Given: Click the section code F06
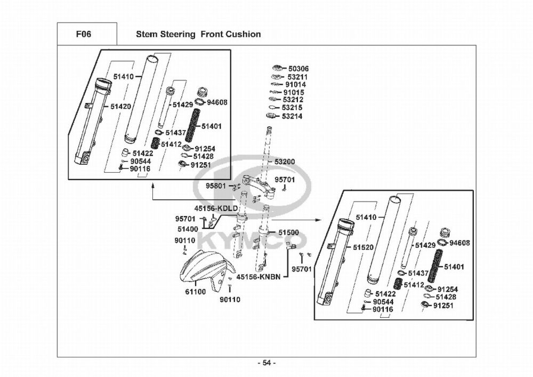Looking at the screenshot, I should (x=84, y=34).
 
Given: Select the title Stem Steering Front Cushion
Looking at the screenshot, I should (x=198, y=34).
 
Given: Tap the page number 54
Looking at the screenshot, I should (x=266, y=363).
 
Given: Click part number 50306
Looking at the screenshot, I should (x=298, y=69).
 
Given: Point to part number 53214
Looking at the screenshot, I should (x=292, y=116).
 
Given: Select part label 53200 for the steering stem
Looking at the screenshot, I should (x=285, y=161).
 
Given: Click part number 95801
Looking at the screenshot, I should (x=216, y=186).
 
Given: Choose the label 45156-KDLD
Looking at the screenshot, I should (x=216, y=208).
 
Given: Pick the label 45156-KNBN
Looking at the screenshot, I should (x=258, y=277).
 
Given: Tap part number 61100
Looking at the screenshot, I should (x=196, y=292).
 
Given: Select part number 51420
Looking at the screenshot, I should (x=120, y=106).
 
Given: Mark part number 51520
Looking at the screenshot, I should (x=364, y=247).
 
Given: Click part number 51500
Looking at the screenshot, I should (x=288, y=232).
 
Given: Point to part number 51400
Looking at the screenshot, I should (x=188, y=229).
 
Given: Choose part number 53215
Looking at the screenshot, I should (x=292, y=108).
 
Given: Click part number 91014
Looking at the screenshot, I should (x=295, y=84).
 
